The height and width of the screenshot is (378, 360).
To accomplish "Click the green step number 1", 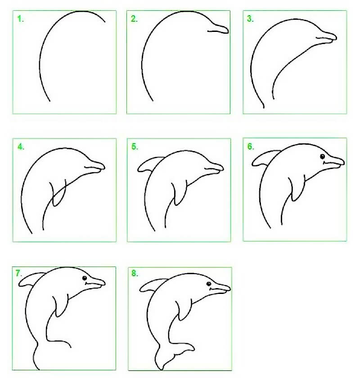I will pyautogui.click(x=19, y=19).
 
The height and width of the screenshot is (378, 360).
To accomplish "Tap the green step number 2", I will pyautogui.click(x=134, y=19).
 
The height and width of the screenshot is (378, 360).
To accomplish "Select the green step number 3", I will pyautogui.click(x=250, y=19).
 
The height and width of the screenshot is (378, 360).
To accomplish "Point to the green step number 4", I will pyautogui.click(x=20, y=147).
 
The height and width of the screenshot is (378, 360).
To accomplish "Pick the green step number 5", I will pyautogui.click(x=135, y=147).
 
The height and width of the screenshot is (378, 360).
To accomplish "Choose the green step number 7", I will pyautogui.click(x=18, y=273).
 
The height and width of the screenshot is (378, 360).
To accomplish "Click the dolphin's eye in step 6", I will pyautogui.click(x=323, y=156).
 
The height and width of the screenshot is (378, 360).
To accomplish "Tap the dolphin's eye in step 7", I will pyautogui.click(x=84, y=279).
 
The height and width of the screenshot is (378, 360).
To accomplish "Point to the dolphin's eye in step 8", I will pyautogui.click(x=209, y=284).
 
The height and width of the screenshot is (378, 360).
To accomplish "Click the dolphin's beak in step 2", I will pyautogui.click(x=219, y=29).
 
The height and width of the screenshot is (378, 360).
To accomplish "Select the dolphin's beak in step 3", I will pyautogui.click(x=327, y=37).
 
